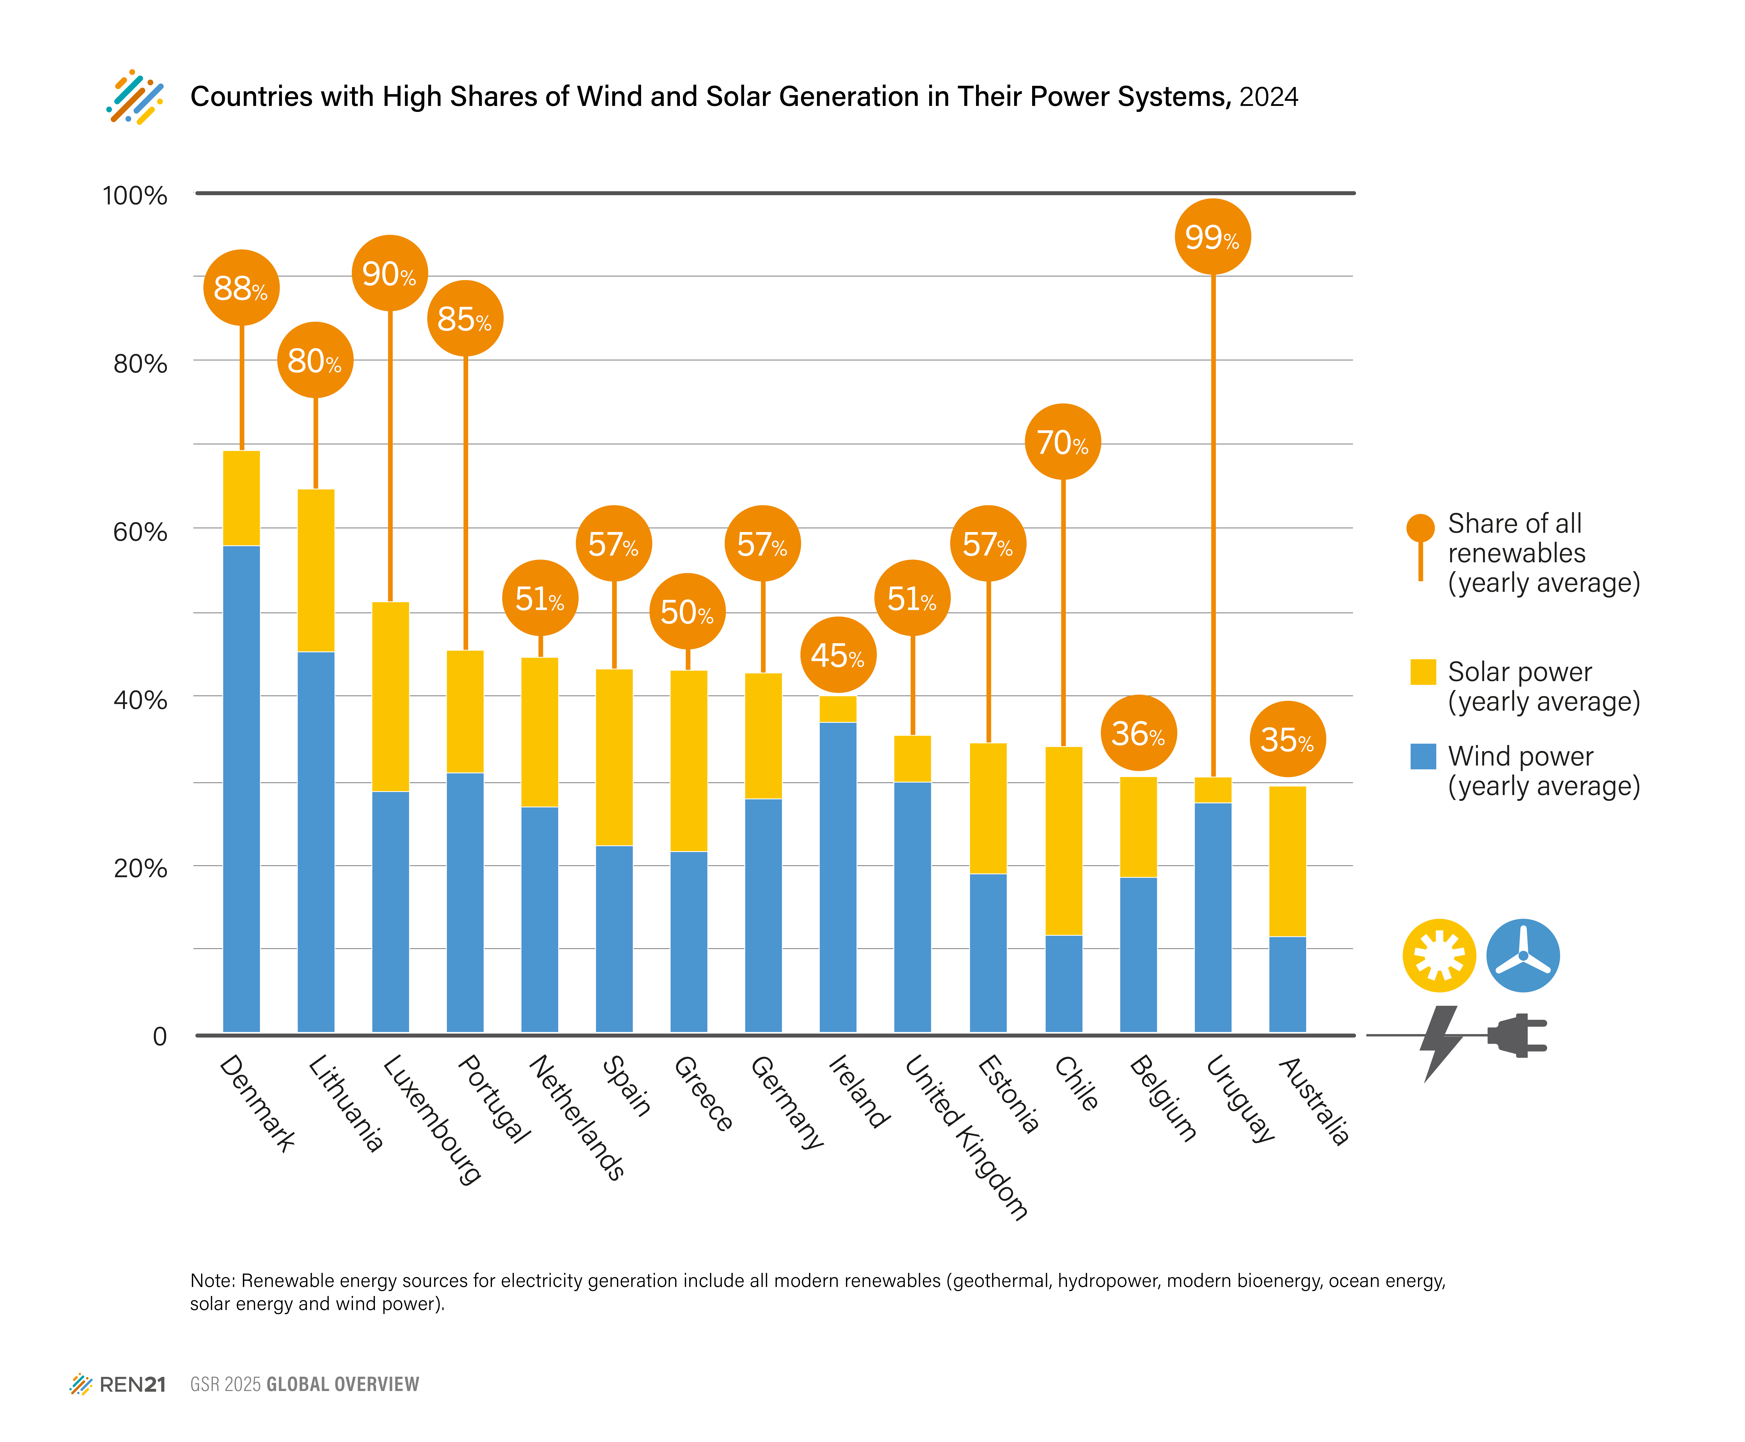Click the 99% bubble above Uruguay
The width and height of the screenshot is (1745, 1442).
1212,238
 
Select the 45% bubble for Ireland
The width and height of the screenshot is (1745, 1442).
838,655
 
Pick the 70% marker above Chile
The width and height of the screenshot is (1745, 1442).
1063,442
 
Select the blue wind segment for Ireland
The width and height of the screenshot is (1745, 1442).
838,876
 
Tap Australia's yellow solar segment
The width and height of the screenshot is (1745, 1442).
1287,861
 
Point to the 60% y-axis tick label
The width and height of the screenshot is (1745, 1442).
140,532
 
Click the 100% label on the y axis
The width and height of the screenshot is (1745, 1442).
135,196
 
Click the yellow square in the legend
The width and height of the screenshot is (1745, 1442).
1423,671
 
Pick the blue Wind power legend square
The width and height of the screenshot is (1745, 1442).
1423,756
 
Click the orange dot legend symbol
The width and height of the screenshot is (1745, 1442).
1420,527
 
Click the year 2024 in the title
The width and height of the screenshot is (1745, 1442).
1268,97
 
